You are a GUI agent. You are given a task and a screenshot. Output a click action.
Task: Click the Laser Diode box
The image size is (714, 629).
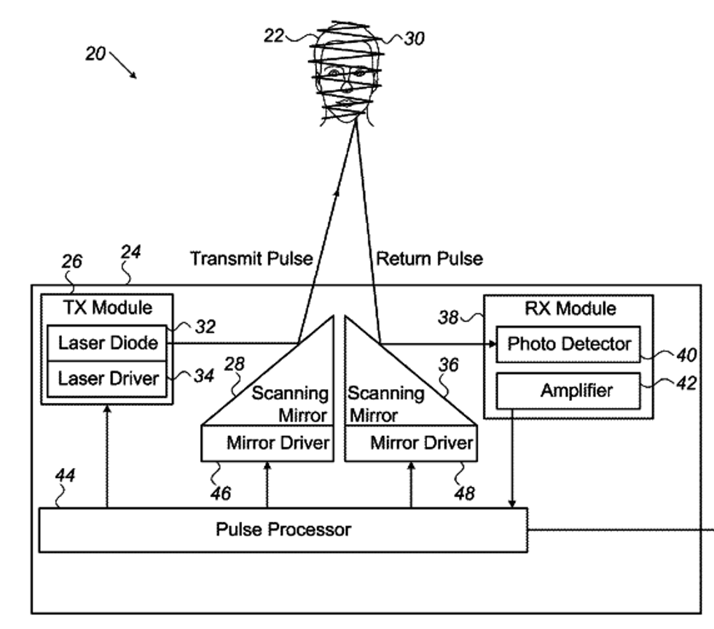[108, 343]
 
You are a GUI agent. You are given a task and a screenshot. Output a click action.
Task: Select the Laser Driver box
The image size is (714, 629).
[108, 378]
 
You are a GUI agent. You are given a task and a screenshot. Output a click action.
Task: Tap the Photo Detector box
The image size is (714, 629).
[568, 343]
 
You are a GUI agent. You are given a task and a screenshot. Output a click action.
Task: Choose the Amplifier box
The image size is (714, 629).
[568, 391]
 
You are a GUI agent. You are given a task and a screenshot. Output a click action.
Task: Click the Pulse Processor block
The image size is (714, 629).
[283, 529]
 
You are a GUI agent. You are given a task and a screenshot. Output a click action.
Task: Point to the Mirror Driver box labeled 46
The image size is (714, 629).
[267, 443]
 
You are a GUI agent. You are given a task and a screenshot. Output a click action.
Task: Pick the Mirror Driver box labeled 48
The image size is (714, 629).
[411, 443]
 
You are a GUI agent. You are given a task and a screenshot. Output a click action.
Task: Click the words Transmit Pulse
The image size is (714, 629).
[251, 258]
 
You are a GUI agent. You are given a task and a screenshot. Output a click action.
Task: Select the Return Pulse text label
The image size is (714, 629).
[429, 258]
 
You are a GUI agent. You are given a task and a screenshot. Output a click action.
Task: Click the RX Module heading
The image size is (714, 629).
[570, 308]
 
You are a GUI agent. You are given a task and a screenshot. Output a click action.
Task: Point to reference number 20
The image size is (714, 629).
[95, 54]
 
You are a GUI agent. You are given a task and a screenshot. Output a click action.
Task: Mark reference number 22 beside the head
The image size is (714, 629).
[273, 35]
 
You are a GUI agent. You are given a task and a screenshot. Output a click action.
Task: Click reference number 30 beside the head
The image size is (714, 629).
[414, 38]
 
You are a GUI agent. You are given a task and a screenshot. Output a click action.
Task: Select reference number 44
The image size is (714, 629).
[65, 475]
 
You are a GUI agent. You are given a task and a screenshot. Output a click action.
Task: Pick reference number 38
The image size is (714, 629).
[448, 317]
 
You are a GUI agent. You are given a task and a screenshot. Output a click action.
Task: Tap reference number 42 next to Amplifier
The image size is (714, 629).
[686, 383]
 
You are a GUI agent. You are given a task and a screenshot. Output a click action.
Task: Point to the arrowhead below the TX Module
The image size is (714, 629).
[107, 411]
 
